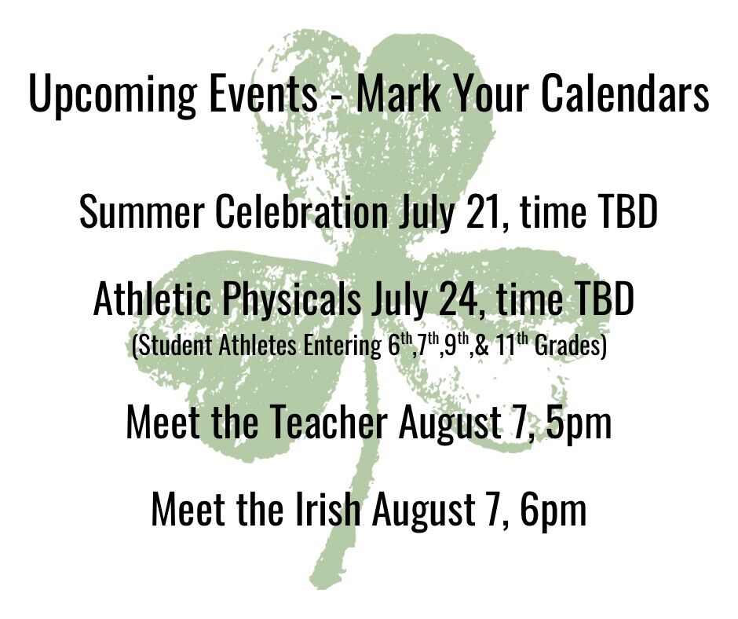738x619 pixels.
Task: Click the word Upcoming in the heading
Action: tap(112, 93)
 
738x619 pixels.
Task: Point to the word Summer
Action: tap(141, 212)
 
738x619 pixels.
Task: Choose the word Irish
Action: tap(328, 509)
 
